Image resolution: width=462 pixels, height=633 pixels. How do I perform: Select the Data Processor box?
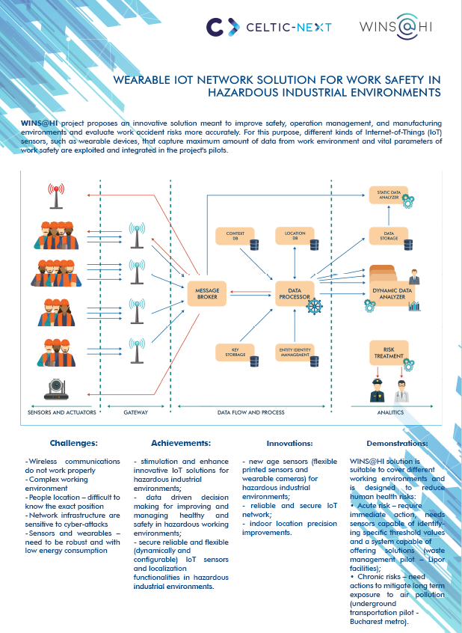pos(294,293)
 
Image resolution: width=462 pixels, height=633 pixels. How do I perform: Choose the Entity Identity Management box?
pos(294,351)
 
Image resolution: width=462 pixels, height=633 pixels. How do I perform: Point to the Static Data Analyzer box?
pos(389,195)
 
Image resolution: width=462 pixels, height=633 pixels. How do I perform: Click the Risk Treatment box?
pos(388,352)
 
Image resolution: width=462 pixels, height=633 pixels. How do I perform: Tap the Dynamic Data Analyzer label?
pos(388,293)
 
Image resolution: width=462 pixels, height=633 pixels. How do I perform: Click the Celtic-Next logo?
pos(268,28)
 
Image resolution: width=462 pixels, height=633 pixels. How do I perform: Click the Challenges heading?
pos(73,443)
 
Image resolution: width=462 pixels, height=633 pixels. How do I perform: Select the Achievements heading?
pos(180,443)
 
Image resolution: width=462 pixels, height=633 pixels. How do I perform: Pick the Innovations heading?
pos(290,443)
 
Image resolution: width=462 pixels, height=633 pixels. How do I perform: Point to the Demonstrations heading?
pos(397,443)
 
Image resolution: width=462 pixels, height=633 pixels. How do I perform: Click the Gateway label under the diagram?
pos(136,412)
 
